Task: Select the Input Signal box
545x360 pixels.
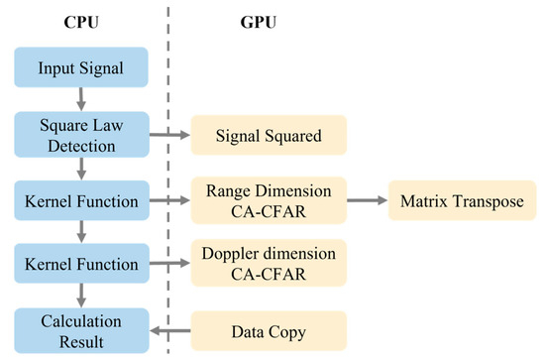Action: [82, 69]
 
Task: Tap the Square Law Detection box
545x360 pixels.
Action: [82, 135]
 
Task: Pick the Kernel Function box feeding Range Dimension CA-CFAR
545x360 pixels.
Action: [82, 200]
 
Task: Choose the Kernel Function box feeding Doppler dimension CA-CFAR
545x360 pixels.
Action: [82, 265]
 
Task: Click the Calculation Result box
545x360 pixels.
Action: [82, 329]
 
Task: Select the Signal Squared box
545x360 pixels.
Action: [269, 136]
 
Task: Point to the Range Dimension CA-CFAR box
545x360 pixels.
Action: [269, 200]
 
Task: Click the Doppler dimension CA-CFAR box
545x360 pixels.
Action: [269, 265]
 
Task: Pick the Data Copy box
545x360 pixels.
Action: [269, 329]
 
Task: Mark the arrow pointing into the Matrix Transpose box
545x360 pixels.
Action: [368, 200]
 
